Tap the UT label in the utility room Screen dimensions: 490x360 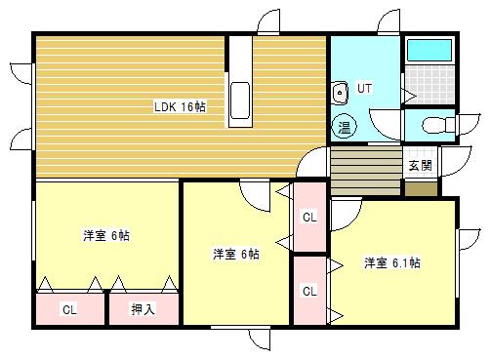pos(363,89)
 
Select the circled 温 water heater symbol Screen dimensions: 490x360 pos(345,127)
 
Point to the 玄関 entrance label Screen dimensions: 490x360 pos(420,165)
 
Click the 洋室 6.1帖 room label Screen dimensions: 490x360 pos(392,262)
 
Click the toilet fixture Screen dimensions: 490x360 pos(435,124)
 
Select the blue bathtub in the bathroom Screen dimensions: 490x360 pos(428,53)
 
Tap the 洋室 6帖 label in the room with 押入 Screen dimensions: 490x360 pos(106,236)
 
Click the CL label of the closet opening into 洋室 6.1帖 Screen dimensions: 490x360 pos(309,291)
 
